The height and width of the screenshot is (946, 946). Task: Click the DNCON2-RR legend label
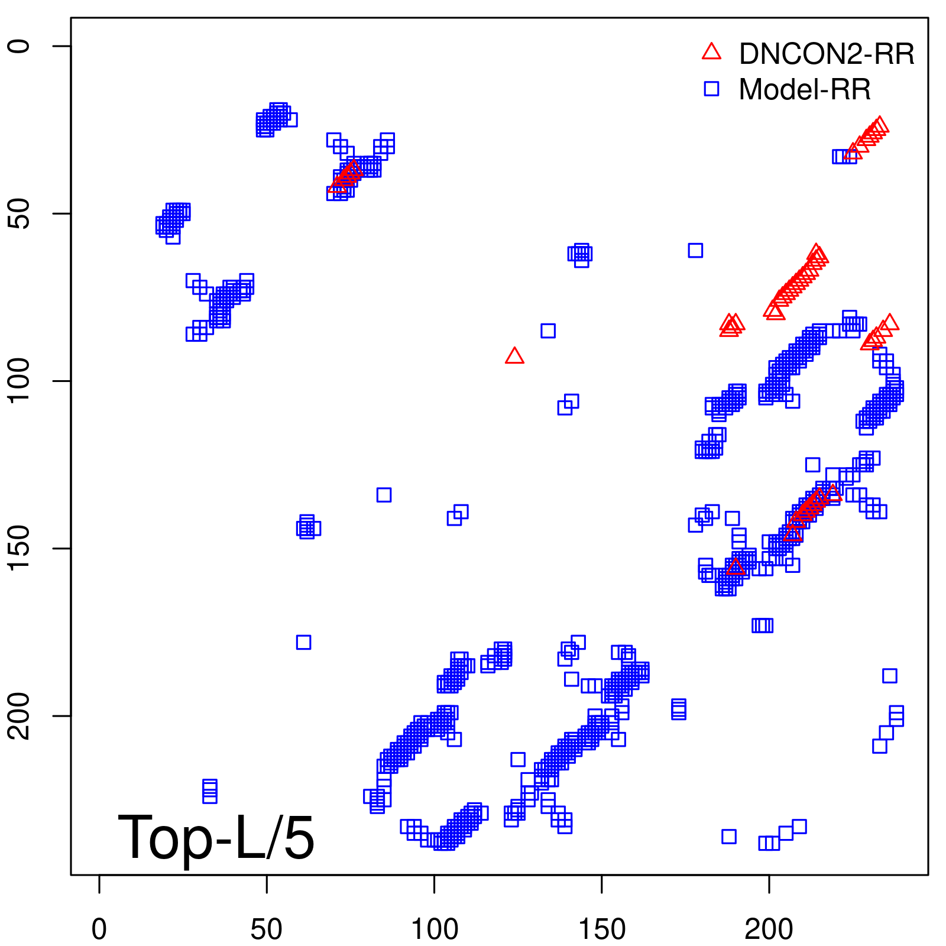pos(826,54)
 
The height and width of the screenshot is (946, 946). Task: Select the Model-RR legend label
pos(804,90)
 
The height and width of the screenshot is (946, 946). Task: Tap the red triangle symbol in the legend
pos(711,52)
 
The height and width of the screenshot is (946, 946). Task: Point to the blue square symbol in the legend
pos(711,89)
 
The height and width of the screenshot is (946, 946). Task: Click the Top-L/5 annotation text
pos(216,837)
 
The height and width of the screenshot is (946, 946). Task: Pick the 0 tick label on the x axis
pos(99,929)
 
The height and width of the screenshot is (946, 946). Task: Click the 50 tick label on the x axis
pos(267,929)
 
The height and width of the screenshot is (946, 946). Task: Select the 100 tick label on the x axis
pos(434,929)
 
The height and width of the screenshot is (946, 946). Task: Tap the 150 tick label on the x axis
pos(601,929)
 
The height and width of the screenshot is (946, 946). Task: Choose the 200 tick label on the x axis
pos(769,929)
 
